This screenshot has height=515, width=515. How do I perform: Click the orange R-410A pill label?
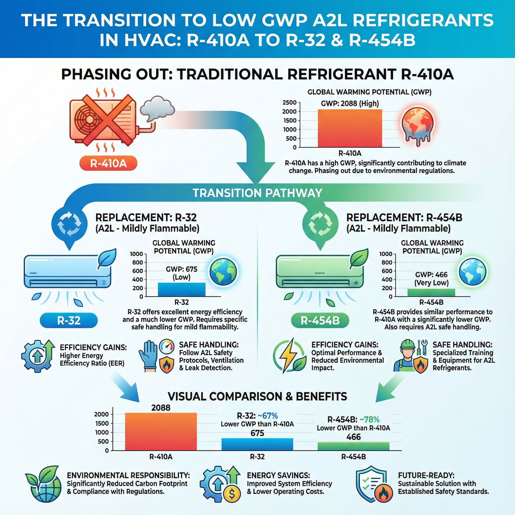[x=108, y=163]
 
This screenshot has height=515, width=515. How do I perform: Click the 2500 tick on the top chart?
[x=289, y=103]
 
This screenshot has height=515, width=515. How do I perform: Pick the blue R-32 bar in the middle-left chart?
[x=182, y=289]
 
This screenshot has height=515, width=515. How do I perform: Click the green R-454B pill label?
[x=320, y=321]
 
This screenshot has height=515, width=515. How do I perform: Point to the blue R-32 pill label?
[x=69, y=321]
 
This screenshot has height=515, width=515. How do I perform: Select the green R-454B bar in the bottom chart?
[x=354, y=446]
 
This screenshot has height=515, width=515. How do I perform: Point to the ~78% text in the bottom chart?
[x=369, y=420]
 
